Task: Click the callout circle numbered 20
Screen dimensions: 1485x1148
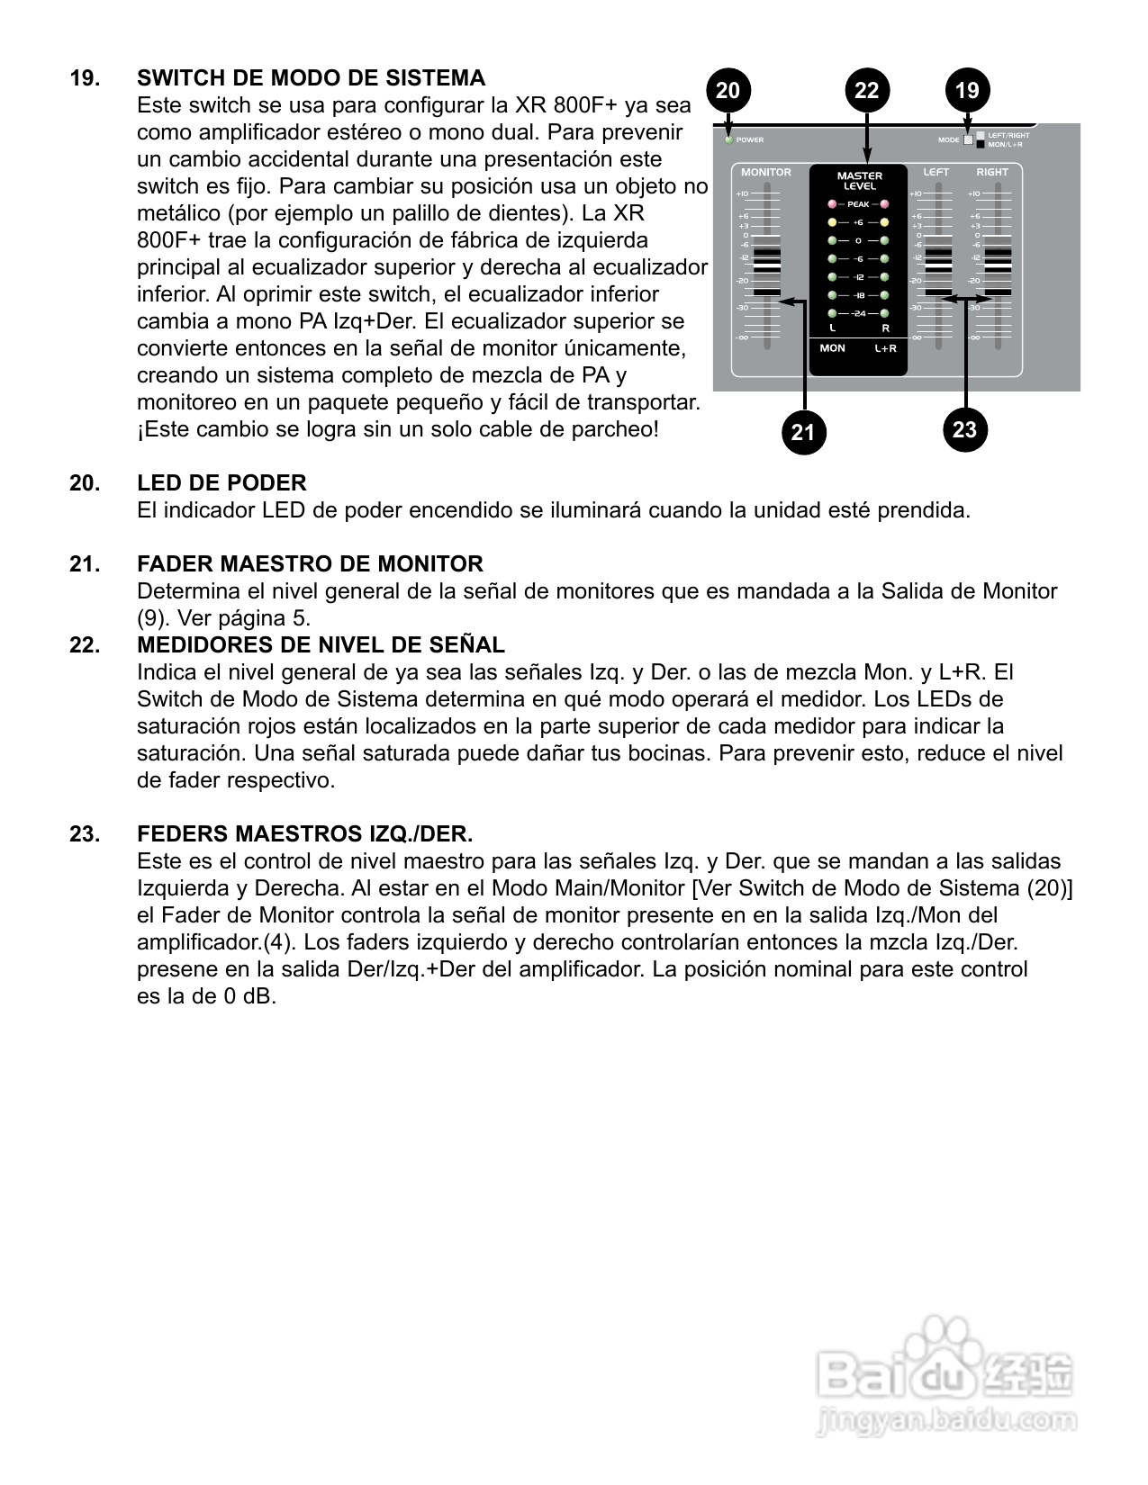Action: coord(728,90)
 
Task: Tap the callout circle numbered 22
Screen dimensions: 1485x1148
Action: coord(866,90)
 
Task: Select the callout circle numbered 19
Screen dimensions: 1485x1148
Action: coord(967,90)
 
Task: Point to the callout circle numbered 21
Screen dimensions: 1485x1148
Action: coord(802,432)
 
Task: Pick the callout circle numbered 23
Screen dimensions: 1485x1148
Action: coord(964,429)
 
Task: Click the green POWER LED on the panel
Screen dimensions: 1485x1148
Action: coord(729,139)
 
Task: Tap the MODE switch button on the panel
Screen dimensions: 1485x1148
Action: coord(969,139)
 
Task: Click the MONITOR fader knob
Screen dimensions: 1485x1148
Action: coord(767,271)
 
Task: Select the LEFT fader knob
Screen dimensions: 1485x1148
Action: coord(938,271)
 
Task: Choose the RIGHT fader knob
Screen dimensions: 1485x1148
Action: coord(998,271)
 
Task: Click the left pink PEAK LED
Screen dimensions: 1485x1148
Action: coord(832,204)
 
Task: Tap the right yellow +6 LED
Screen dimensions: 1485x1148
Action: coord(885,222)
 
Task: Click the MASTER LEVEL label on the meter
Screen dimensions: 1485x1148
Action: coord(859,181)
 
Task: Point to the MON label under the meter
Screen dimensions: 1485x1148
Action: coord(832,348)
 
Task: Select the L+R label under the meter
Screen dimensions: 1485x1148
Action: coord(885,348)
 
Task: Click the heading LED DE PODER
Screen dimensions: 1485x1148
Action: coord(221,483)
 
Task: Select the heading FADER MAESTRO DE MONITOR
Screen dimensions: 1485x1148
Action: coord(310,564)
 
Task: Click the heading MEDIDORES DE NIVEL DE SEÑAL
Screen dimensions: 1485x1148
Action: coord(321,645)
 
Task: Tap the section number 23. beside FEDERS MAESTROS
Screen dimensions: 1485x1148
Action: coord(85,834)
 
